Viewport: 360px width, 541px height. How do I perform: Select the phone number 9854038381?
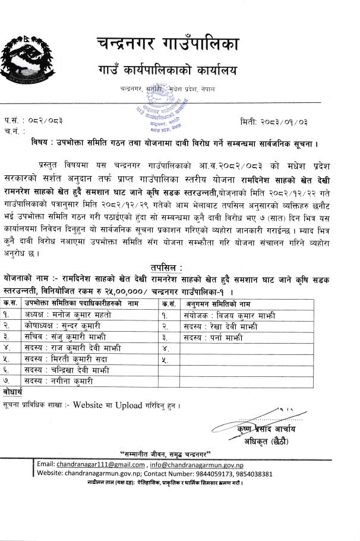(251, 474)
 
